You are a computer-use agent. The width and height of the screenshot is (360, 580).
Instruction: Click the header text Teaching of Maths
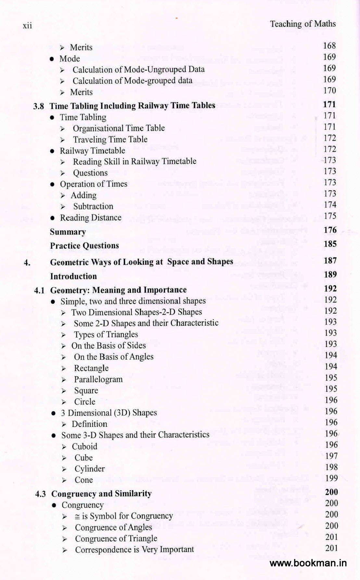(x=302, y=24)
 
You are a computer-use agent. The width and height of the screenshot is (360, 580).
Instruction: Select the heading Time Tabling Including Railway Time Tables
(x=132, y=106)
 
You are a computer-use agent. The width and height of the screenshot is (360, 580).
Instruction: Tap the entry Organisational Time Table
(x=119, y=128)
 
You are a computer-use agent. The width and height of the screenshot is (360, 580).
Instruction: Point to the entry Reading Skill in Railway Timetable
(x=135, y=161)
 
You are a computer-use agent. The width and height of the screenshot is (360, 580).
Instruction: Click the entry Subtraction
(x=93, y=206)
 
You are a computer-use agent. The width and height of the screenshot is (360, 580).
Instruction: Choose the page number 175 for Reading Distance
(x=330, y=216)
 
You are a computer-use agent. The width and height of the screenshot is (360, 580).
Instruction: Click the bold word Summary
(x=68, y=232)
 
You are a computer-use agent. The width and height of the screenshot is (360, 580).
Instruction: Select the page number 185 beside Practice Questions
(x=330, y=244)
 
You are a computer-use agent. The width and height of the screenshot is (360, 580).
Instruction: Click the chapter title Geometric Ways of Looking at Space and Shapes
(x=141, y=262)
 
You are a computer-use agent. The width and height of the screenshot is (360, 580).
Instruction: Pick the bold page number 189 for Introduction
(x=330, y=275)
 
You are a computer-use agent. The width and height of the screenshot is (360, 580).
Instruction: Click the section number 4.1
(x=39, y=290)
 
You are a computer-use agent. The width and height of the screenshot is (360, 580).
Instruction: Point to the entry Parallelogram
(x=98, y=380)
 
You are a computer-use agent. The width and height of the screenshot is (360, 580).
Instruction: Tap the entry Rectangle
(x=91, y=368)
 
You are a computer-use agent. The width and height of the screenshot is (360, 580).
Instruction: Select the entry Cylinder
(x=90, y=469)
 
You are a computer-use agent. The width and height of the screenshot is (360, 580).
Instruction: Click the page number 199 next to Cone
(x=331, y=478)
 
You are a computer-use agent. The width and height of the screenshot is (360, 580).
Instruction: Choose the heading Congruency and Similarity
(x=101, y=494)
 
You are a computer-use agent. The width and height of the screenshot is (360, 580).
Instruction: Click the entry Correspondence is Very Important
(x=134, y=549)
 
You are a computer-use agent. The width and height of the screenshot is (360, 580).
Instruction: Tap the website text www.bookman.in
(x=308, y=563)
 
